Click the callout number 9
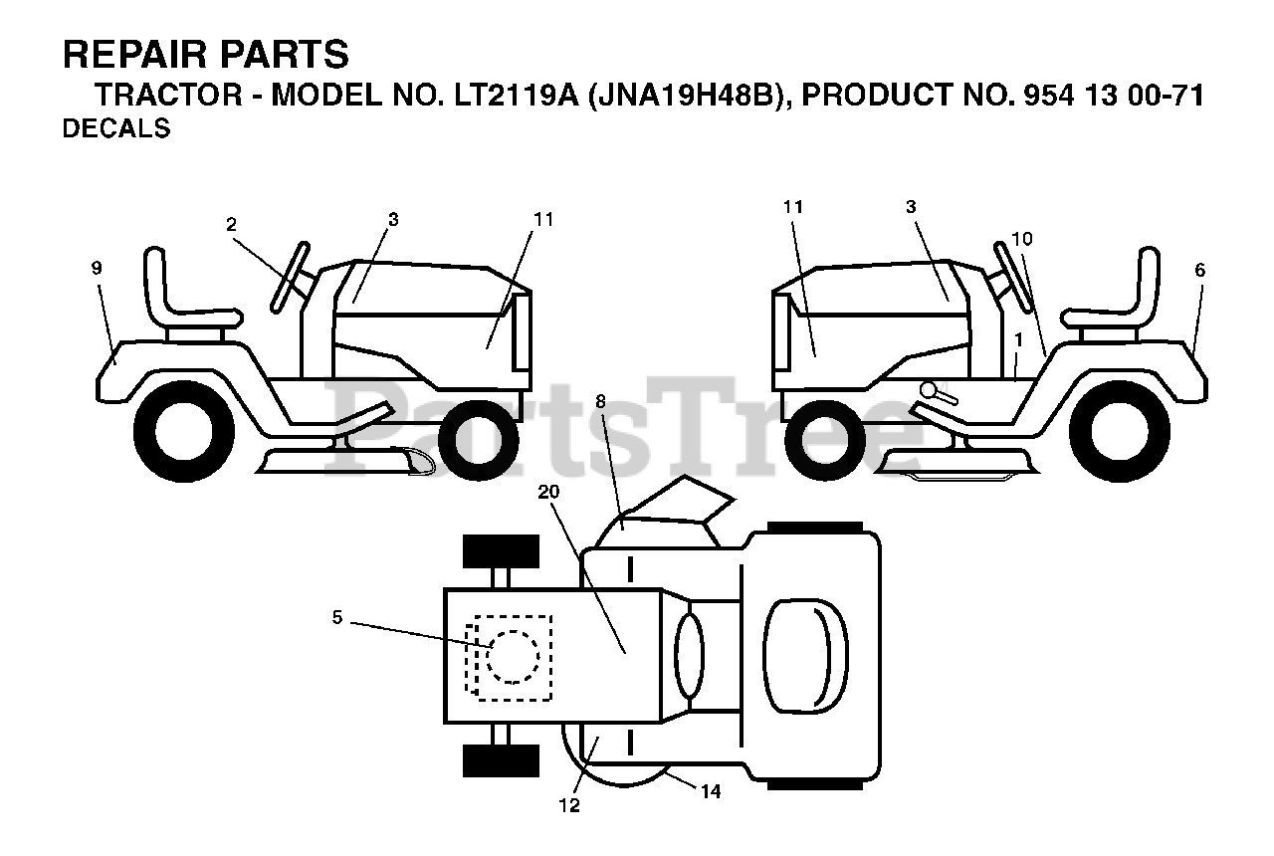pyautogui.click(x=97, y=268)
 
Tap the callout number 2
pyautogui.click(x=231, y=225)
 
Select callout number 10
pyautogui.click(x=1022, y=239)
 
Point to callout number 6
pyautogui.click(x=1200, y=270)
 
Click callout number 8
pyautogui.click(x=600, y=401)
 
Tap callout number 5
pyautogui.click(x=337, y=618)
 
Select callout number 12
pyautogui.click(x=569, y=806)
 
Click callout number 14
pyautogui.click(x=710, y=792)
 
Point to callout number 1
pyautogui.click(x=1018, y=339)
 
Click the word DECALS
pyautogui.click(x=115, y=129)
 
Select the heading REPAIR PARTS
pyautogui.click(x=206, y=54)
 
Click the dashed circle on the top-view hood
pyautogui.click(x=513, y=656)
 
